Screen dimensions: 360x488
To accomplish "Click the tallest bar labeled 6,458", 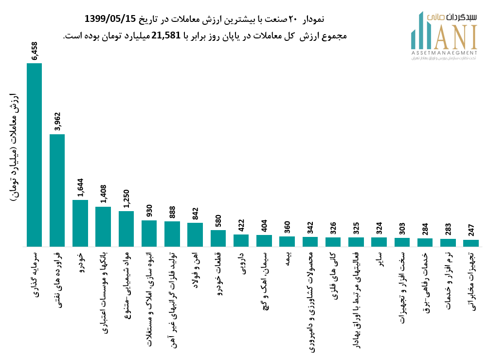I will click(34, 155).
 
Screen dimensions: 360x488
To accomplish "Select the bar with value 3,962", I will click(57, 190).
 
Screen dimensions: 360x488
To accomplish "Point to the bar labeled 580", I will click(218, 238).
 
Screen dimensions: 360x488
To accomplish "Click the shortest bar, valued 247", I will click(471, 243).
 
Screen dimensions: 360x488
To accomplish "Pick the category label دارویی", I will click(241, 263).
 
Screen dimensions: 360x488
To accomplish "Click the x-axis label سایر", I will click(380, 261).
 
